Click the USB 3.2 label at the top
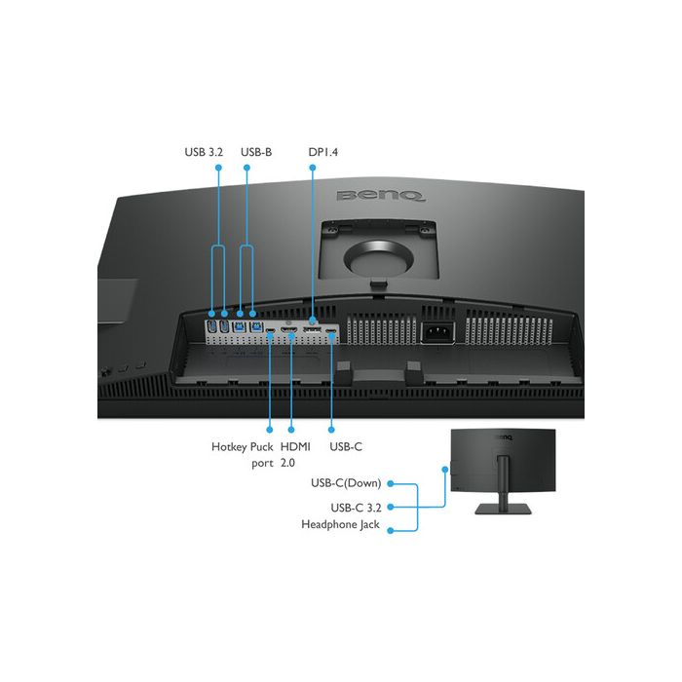coord(204,152)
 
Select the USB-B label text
coord(256,152)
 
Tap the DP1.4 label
coord(322,152)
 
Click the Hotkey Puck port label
coord(243,455)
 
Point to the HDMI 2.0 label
coord(295,455)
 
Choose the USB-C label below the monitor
coord(346,446)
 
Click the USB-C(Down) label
coord(346,483)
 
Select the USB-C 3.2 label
coord(356,508)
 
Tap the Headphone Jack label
coord(341,524)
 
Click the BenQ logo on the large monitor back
coord(381,196)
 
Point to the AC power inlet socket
coord(438,333)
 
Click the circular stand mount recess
coord(378,260)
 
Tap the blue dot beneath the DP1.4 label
coord(313,168)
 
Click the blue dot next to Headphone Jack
coord(391,531)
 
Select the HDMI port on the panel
coord(288,331)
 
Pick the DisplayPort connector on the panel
coord(312,330)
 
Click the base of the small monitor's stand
coord(504,509)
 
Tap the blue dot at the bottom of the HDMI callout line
coord(291,430)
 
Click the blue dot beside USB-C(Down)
coord(391,483)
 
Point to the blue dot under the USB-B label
coord(246,168)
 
